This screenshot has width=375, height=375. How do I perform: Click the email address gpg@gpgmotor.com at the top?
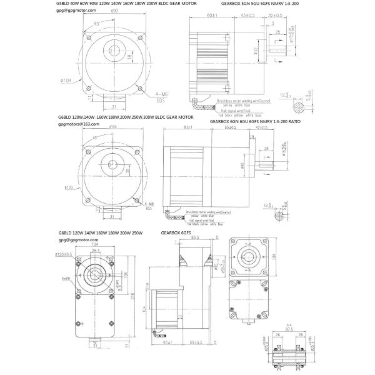point(73,11)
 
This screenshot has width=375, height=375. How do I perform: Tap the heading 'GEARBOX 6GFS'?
point(179,231)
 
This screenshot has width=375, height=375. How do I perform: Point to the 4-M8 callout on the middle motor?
point(149,204)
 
